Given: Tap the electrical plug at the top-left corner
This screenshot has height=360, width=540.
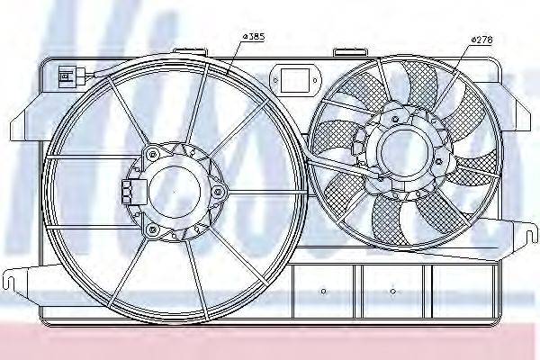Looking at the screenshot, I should (x=67, y=74).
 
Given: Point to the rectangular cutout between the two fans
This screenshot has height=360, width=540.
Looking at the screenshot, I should (x=295, y=80).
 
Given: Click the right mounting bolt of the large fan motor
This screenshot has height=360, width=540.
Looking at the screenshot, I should (x=219, y=191).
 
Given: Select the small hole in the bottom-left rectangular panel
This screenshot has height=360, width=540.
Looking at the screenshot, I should (x=324, y=292).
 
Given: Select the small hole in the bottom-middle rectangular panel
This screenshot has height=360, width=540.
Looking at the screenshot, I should (x=394, y=292).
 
